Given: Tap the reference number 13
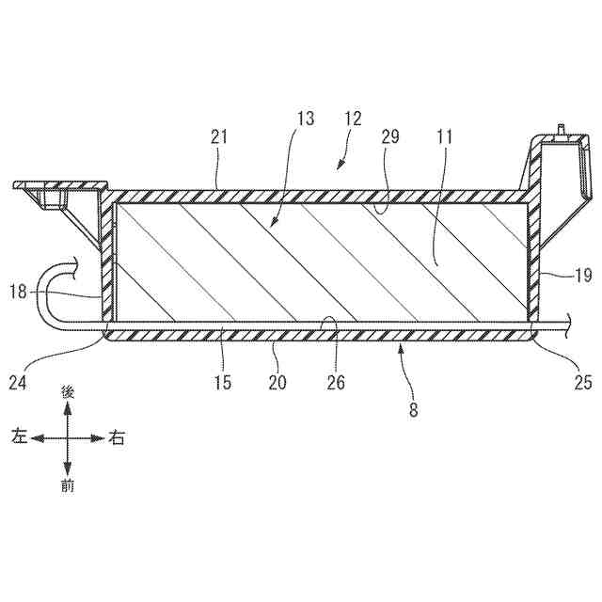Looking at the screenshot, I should pyautogui.click(x=304, y=119).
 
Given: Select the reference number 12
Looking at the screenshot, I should pyautogui.click(x=353, y=119).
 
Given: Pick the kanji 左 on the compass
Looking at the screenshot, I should pyautogui.click(x=18, y=436).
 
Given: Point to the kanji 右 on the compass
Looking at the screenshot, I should pyautogui.click(x=117, y=437).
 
